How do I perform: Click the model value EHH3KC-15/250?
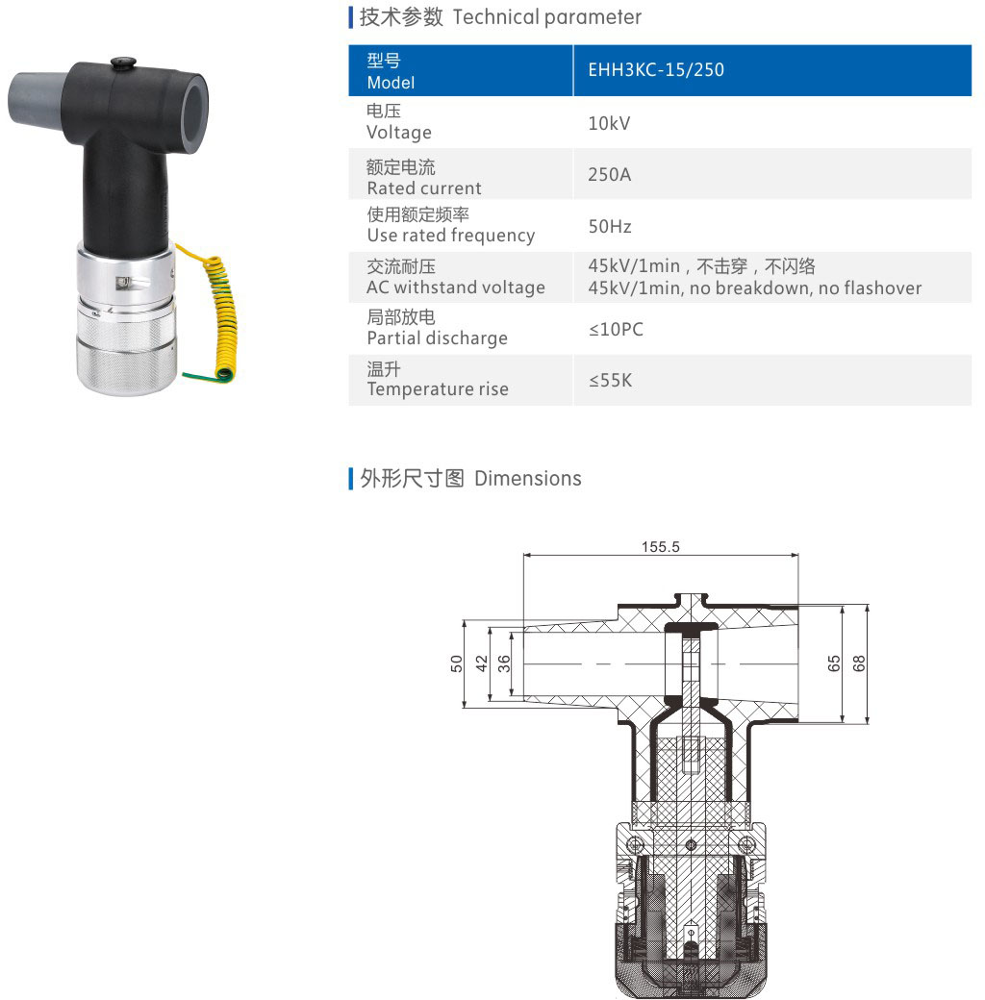click(x=656, y=69)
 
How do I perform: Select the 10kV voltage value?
click(x=609, y=123)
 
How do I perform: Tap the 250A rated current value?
click(x=609, y=174)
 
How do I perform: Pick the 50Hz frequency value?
click(x=609, y=226)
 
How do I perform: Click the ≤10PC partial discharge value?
click(x=616, y=329)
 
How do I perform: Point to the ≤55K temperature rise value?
click(x=610, y=380)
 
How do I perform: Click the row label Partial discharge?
click(x=437, y=338)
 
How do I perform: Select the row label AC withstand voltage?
click(x=456, y=287)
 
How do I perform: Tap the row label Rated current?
click(x=423, y=188)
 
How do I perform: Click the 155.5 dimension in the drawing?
click(x=660, y=546)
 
